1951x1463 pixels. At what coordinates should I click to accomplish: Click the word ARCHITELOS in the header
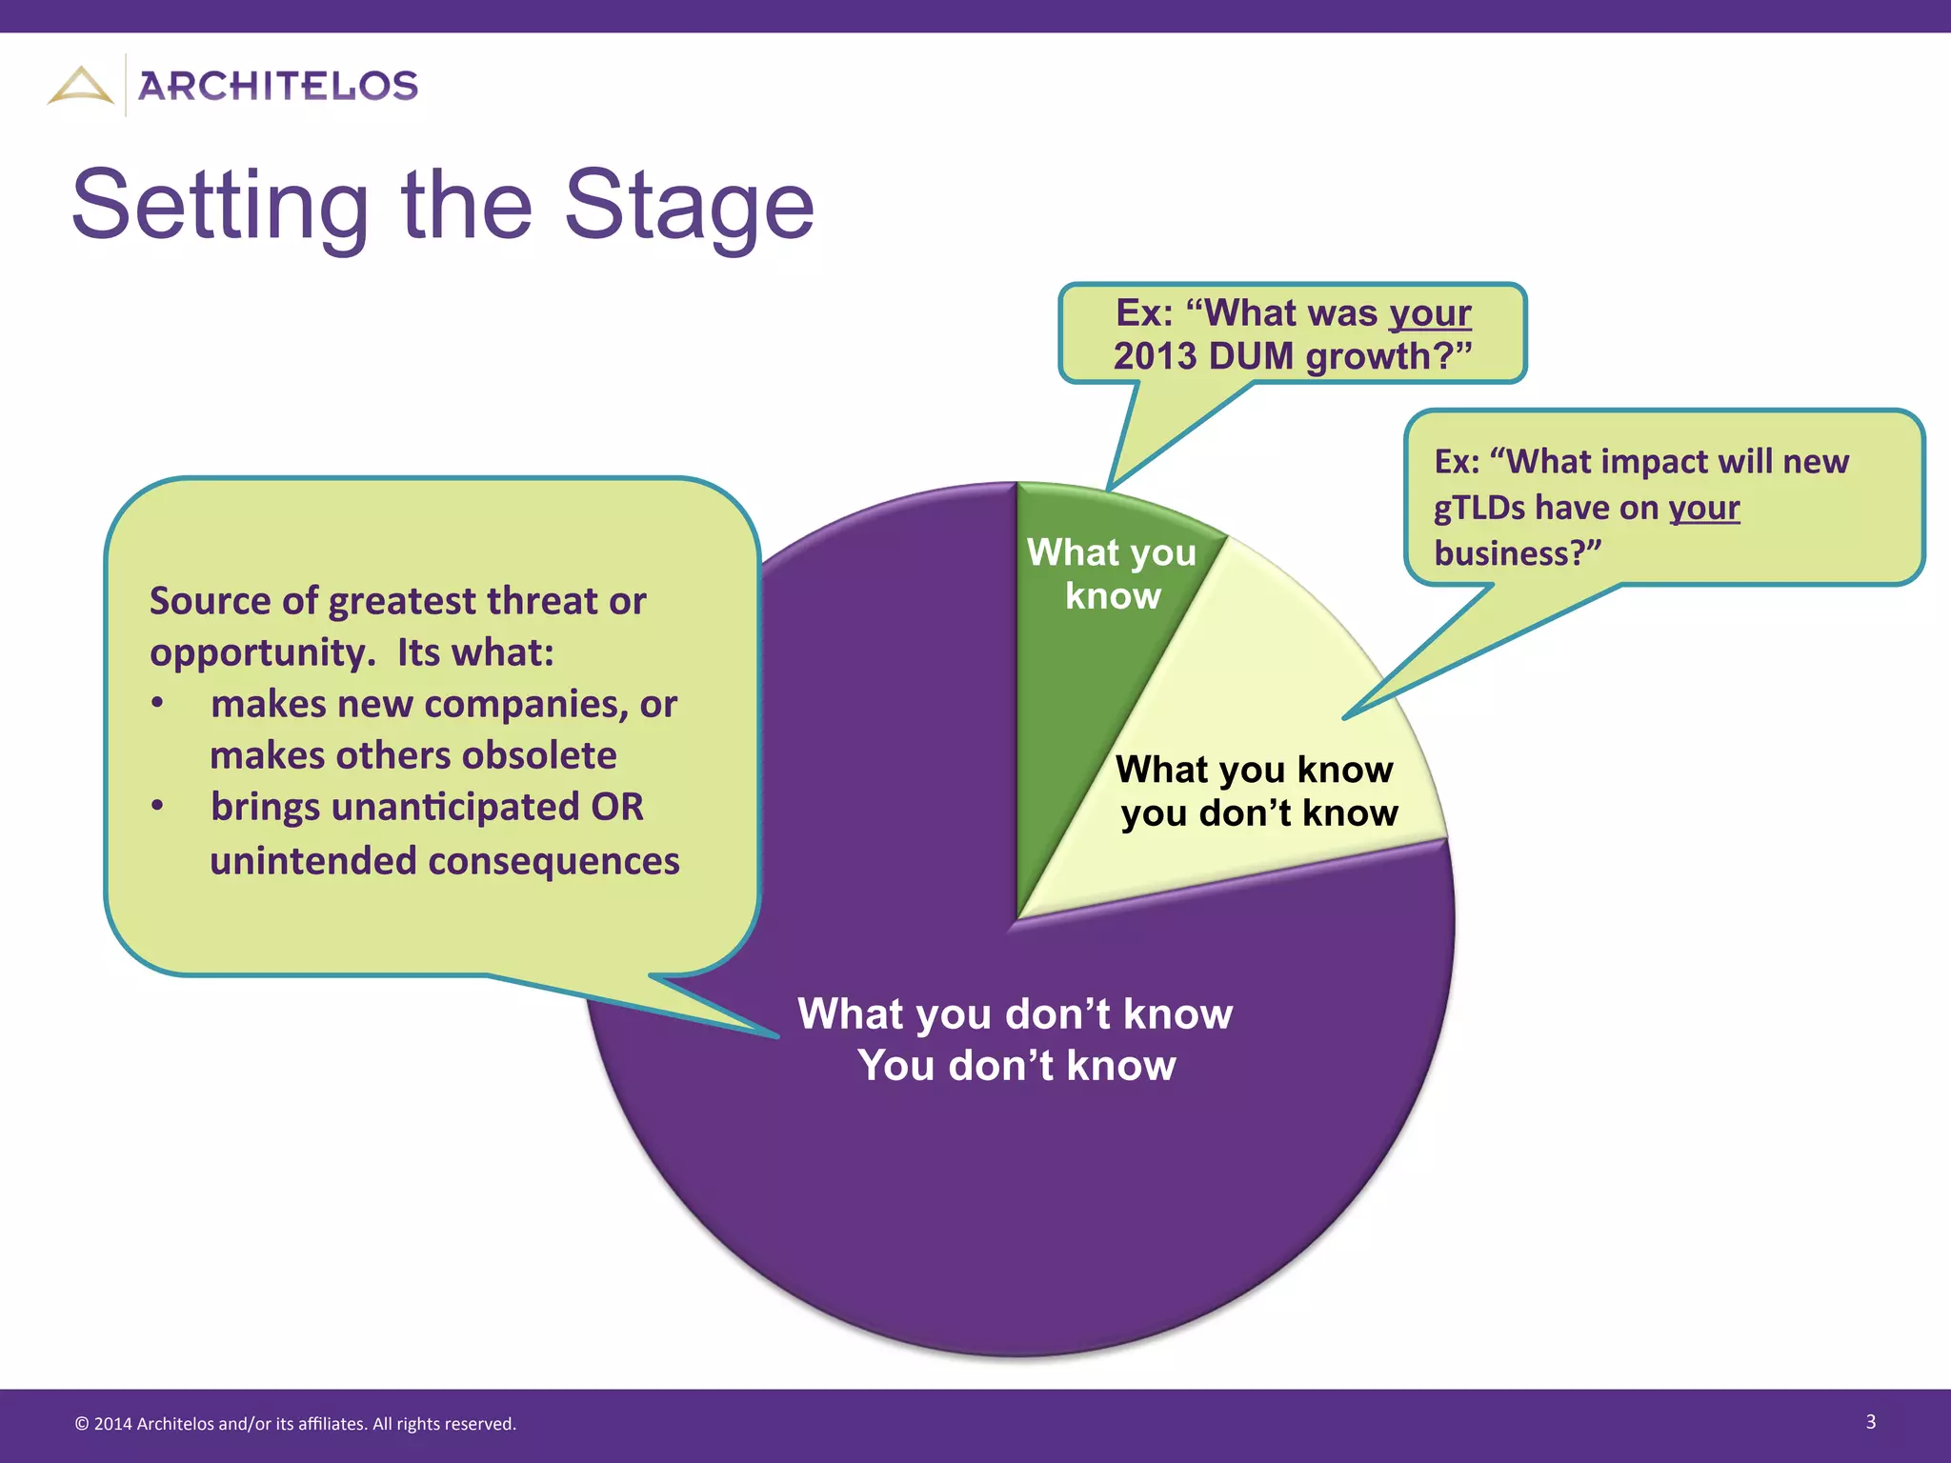coord(278,86)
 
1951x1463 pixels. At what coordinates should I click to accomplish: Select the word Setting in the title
coord(220,205)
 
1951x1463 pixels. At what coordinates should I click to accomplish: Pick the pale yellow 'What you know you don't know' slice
coord(1267,686)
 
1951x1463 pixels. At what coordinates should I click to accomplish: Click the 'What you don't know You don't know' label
coord(1016,1039)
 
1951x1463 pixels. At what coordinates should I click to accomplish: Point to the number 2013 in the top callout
coord(1156,356)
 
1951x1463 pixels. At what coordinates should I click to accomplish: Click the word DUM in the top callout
coord(1251,356)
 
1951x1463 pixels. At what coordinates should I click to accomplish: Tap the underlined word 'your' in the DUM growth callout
coord(1430,313)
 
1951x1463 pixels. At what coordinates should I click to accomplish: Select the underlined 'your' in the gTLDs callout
coord(1703,508)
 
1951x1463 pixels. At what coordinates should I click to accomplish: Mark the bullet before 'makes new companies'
coord(158,704)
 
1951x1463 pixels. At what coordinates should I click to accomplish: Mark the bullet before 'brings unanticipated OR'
coord(158,807)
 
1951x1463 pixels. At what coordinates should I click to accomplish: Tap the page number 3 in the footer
coord(1870,1422)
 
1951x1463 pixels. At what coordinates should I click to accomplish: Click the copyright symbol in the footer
coord(82,1424)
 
